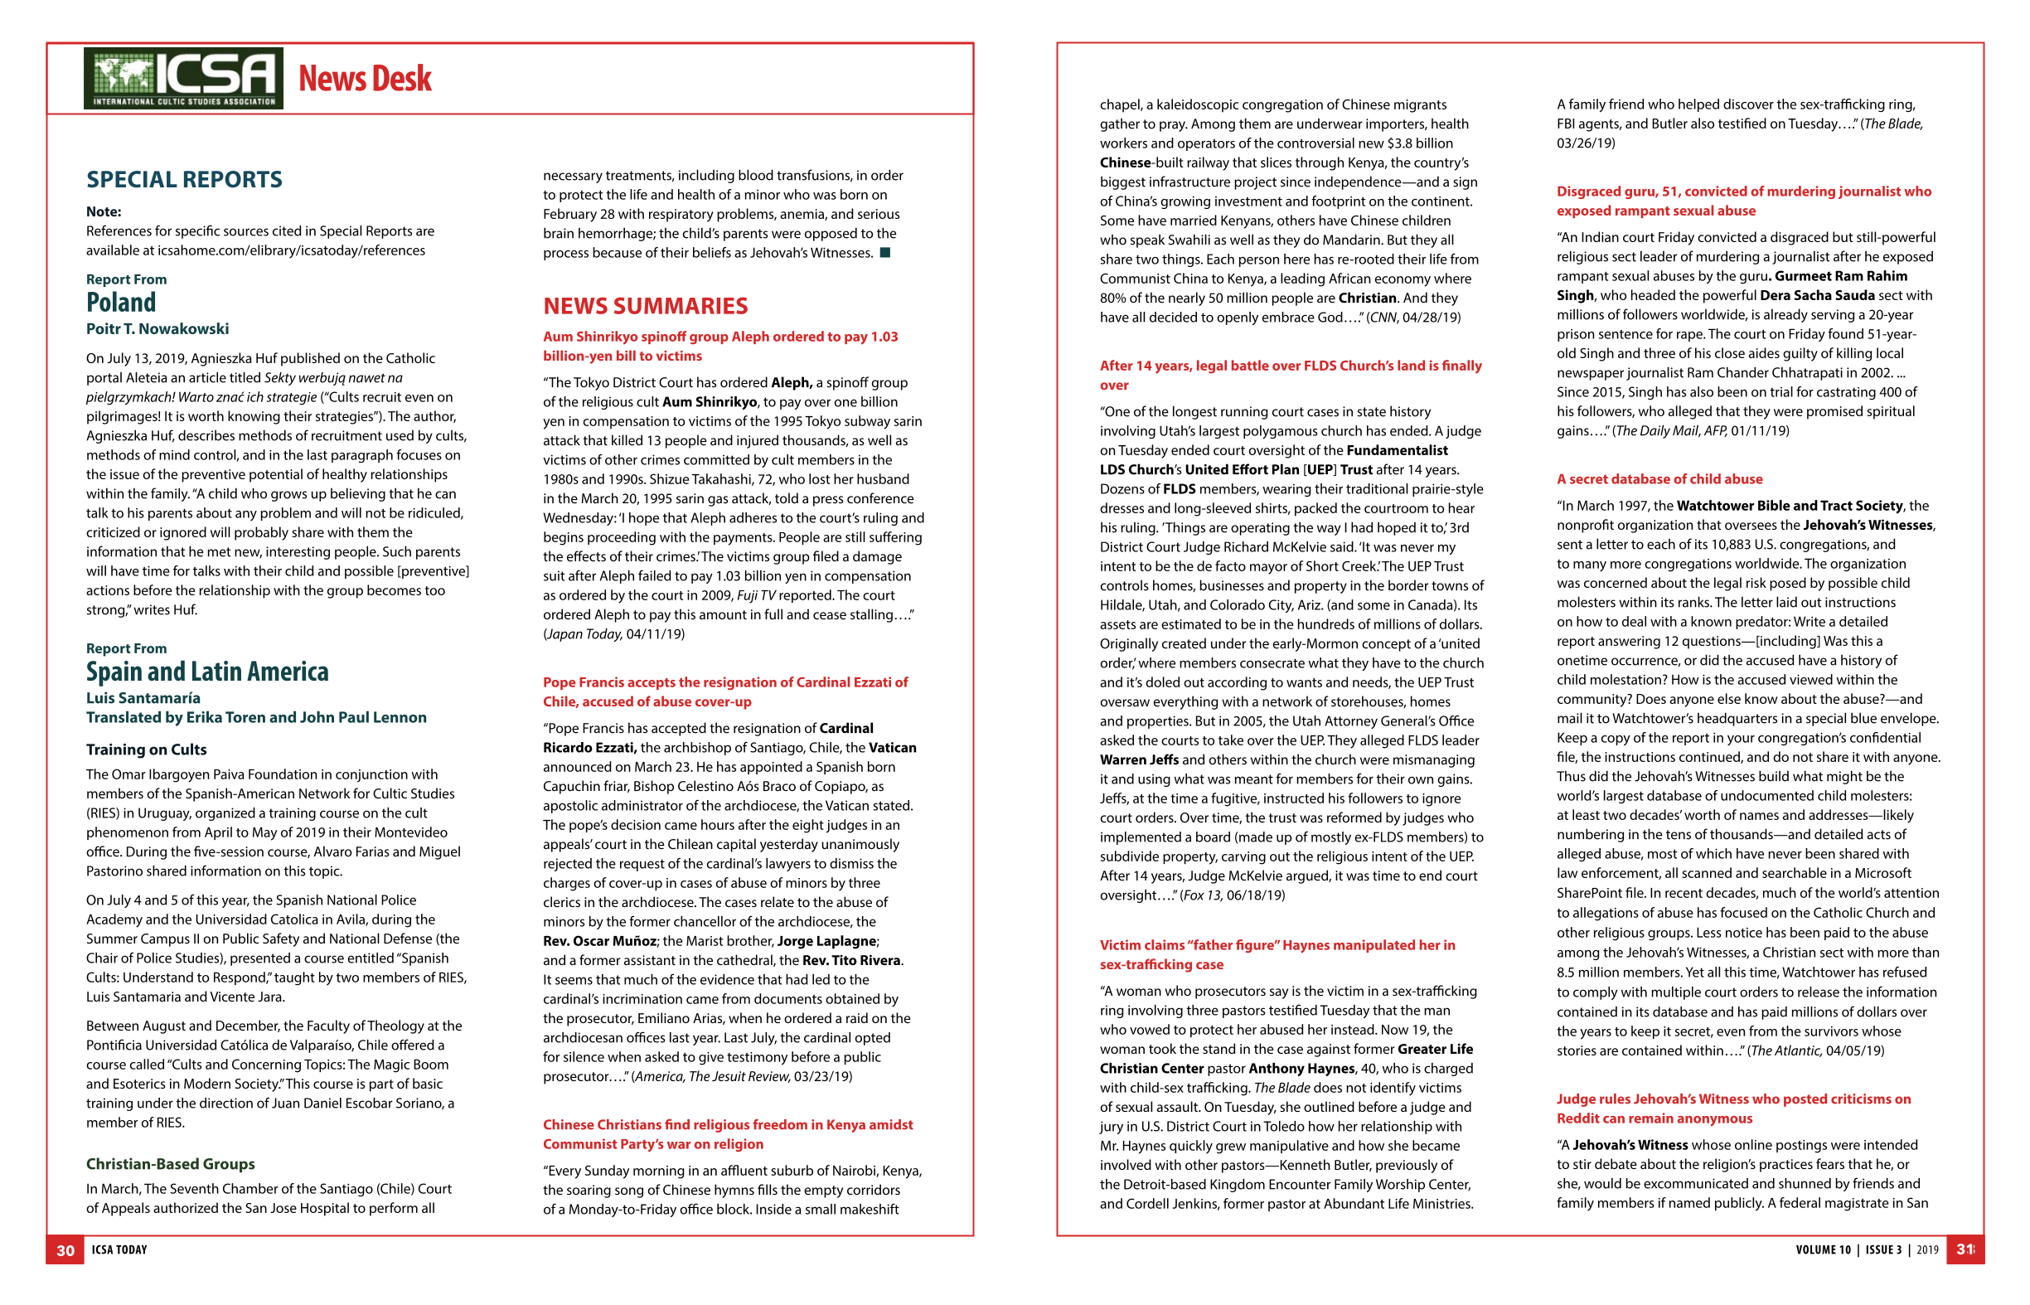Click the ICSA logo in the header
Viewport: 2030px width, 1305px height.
[x=183, y=78]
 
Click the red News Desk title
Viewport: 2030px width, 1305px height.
[x=365, y=79]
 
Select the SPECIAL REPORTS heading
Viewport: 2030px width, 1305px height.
[x=184, y=180]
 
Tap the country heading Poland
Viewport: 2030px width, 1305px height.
[x=120, y=303]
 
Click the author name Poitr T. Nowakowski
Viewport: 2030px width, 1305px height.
[x=157, y=329]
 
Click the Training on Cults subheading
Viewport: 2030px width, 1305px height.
[x=146, y=750]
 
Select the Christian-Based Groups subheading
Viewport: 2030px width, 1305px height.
[x=169, y=1163]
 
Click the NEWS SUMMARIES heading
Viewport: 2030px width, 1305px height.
[x=645, y=306]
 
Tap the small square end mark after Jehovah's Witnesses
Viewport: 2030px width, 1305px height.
[x=884, y=253]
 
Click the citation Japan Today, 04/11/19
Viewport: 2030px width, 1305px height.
[x=614, y=634]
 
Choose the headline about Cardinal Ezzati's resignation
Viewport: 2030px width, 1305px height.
[x=724, y=691]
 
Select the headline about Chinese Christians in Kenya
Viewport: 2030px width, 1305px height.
[x=727, y=1134]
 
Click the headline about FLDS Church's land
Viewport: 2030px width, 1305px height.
[x=1290, y=375]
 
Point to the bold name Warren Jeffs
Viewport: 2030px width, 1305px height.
[x=1139, y=759]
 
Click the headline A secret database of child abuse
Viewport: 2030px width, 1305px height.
[x=1658, y=478]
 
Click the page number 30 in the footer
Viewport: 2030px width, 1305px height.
[x=65, y=1250]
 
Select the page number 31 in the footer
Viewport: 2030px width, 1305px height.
[x=1964, y=1249]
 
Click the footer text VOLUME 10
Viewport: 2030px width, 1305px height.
[x=1823, y=1250]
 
